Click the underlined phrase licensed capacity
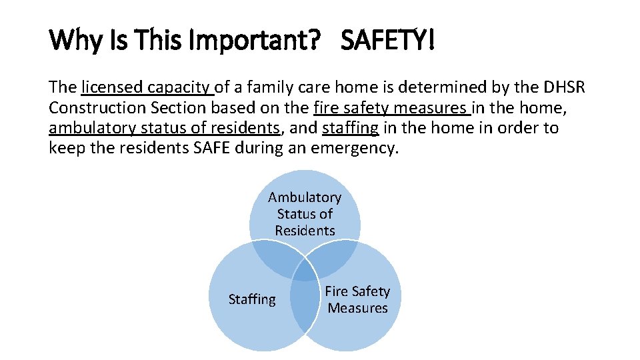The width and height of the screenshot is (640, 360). tap(147, 87)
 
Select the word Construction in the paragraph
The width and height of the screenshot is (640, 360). tap(96, 107)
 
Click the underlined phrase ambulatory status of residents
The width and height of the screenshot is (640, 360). tap(164, 127)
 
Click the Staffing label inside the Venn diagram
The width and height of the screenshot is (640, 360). tap(251, 299)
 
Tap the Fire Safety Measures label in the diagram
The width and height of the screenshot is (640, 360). tap(357, 299)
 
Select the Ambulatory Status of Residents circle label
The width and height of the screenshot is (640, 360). tap(305, 213)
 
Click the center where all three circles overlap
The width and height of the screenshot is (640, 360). tap(305, 270)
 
